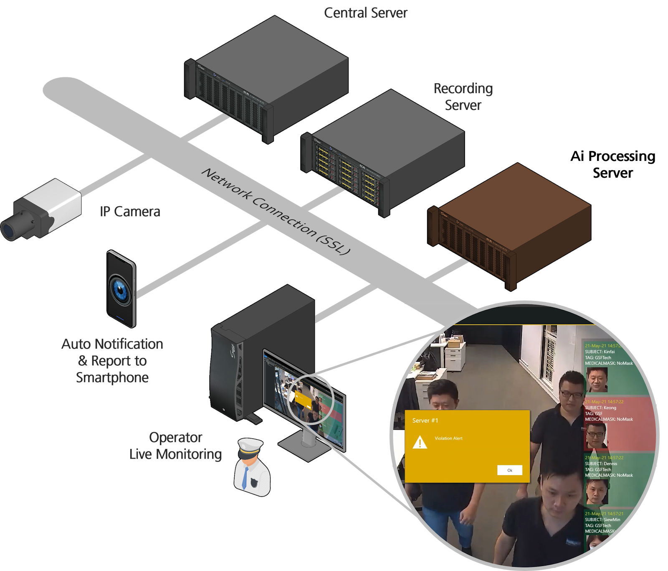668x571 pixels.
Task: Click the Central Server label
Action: click(x=366, y=13)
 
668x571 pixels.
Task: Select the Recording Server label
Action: click(x=463, y=97)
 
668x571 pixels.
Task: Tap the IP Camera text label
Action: click(x=130, y=212)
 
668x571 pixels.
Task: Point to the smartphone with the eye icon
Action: click(x=121, y=288)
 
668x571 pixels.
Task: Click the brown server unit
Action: click(x=509, y=226)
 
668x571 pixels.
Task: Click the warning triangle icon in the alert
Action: click(x=420, y=442)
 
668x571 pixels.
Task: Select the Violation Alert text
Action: click(x=448, y=438)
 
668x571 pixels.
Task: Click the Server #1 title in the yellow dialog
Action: click(x=425, y=421)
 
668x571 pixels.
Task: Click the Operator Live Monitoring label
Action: click(x=175, y=446)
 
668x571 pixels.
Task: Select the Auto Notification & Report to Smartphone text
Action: click(x=112, y=361)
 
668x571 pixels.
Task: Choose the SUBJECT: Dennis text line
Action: click(x=601, y=464)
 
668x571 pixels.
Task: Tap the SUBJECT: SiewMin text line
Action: click(x=602, y=520)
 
